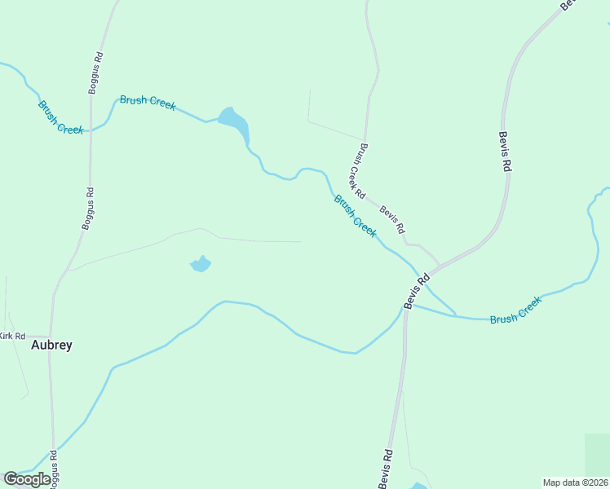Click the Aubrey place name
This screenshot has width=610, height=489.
[x=51, y=345]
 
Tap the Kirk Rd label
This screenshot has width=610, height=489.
[x=12, y=336]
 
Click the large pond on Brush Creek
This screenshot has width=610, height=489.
[x=235, y=124]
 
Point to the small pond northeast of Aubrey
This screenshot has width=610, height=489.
[x=201, y=263]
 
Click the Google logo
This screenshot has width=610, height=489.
[x=27, y=479]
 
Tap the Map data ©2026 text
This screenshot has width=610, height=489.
[x=575, y=482]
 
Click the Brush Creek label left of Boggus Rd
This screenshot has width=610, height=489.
[x=60, y=117]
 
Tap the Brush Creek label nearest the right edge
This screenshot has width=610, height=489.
[x=515, y=310]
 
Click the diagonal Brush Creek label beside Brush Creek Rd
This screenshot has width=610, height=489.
[x=355, y=215]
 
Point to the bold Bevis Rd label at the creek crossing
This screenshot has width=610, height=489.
[x=417, y=291]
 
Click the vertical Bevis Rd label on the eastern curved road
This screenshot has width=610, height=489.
[x=505, y=151]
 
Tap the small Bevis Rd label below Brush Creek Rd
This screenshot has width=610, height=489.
[x=391, y=218]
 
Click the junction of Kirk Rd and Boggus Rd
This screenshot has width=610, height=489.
[x=51, y=336]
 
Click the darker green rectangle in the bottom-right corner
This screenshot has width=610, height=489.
[x=597, y=453]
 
